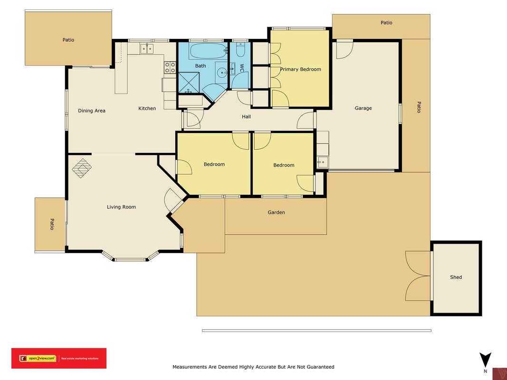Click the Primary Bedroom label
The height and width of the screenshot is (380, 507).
click(300, 69)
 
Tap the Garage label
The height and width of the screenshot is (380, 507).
click(363, 108)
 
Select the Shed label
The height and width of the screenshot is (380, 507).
click(456, 277)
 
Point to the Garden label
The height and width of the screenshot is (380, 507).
click(276, 212)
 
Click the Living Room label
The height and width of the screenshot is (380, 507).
click(121, 207)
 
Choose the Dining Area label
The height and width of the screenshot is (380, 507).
click(92, 111)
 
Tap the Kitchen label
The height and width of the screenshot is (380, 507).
click(147, 109)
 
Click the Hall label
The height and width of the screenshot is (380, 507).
click(247, 117)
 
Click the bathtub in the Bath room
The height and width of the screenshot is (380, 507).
click(208, 51)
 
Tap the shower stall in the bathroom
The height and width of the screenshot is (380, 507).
click(189, 83)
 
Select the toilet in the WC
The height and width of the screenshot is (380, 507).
click(240, 50)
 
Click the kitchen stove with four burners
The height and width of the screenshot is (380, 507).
click(170, 67)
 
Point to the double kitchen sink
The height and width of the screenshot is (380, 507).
click(147, 48)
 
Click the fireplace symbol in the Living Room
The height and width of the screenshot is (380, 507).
click(82, 168)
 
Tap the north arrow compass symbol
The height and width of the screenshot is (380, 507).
click(485, 360)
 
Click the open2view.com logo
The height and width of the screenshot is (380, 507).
click(59, 358)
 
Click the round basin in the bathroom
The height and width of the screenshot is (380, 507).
click(222, 72)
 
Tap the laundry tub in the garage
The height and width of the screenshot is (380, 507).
click(323, 162)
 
